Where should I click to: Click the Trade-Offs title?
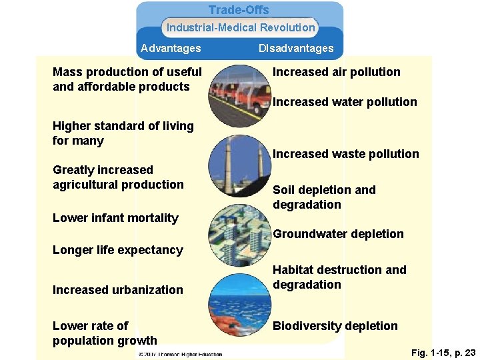pos(239,10)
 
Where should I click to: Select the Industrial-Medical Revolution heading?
pos(240,27)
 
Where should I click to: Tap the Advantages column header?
pos(171,48)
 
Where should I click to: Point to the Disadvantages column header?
pos(296,48)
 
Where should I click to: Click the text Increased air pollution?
pos(337,72)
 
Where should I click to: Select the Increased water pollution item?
pos(345,102)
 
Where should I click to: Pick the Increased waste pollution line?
pos(346,154)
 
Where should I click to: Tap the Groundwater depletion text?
pos(338,234)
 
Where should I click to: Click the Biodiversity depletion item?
pos(335,326)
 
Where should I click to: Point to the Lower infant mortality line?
pos(115,218)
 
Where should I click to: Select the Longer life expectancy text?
pos(117,250)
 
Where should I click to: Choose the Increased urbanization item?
pos(117,290)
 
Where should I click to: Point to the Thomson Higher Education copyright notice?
pos(180,354)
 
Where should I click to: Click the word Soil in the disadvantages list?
pos(284,190)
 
